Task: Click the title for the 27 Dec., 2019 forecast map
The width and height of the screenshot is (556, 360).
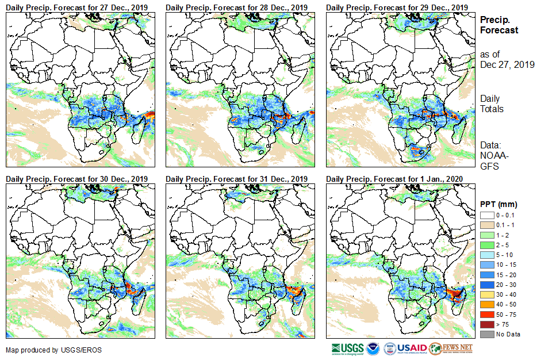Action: [76, 7]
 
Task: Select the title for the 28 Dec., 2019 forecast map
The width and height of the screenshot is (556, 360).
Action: [236, 7]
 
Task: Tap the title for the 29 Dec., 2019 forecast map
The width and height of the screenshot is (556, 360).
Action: [397, 7]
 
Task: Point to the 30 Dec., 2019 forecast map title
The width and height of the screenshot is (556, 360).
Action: [76, 178]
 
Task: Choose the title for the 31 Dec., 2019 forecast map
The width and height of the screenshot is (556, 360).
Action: [236, 178]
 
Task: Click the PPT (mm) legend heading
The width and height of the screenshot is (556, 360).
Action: [498, 203]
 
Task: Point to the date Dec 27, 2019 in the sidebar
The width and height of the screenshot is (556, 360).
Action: [507, 65]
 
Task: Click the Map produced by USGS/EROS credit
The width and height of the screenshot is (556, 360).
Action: [40, 350]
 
